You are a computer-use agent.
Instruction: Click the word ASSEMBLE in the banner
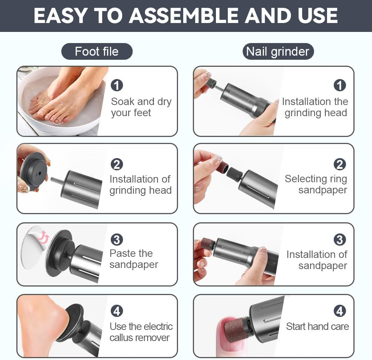pyautogui.click(x=183, y=16)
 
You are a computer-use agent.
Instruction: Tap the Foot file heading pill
pyautogui.click(x=97, y=52)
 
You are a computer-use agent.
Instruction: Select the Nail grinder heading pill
pyautogui.click(x=278, y=52)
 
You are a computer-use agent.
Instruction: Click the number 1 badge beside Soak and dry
pyautogui.click(x=117, y=85)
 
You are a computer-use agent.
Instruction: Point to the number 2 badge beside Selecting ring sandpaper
pyautogui.click(x=340, y=164)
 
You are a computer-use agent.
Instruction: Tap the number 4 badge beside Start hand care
pyautogui.click(x=340, y=311)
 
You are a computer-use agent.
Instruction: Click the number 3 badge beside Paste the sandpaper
pyautogui.click(x=117, y=239)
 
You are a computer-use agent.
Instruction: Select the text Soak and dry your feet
pyautogui.click(x=141, y=107)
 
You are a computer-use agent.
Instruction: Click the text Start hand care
pyautogui.click(x=317, y=326)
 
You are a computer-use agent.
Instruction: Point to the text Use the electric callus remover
pyautogui.click(x=141, y=332)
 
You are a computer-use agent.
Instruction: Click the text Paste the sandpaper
pyautogui.click(x=133, y=259)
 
